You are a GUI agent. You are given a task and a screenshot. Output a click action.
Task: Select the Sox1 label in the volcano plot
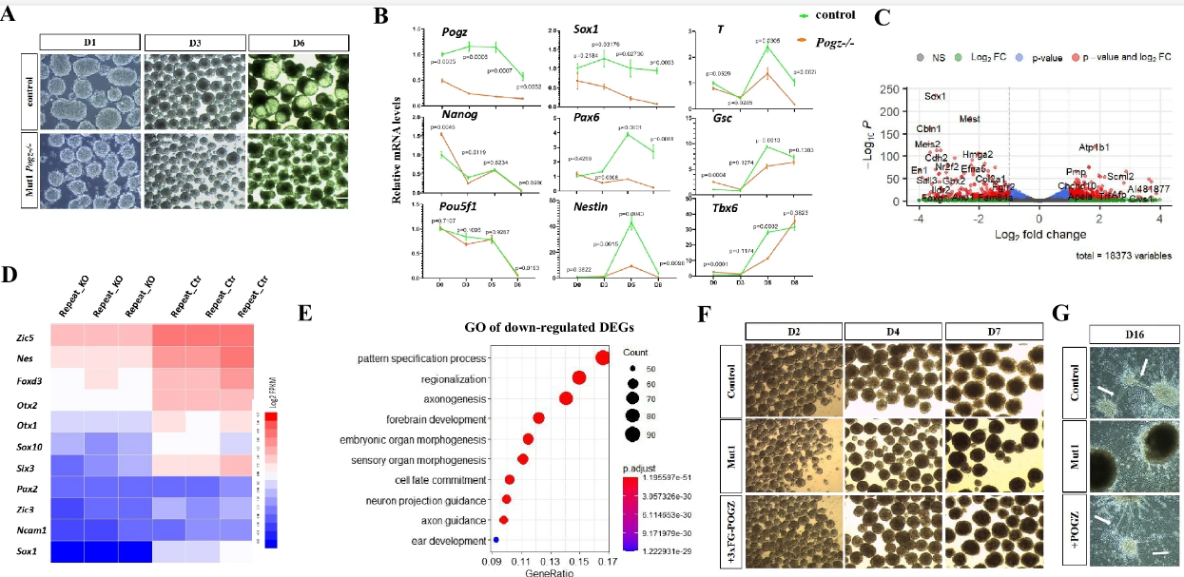click(936, 97)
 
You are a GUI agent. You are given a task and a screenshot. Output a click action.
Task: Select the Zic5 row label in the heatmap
click(26, 337)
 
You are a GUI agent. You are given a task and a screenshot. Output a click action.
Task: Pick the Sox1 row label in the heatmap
click(25, 550)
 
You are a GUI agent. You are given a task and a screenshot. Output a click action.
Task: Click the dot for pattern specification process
click(601, 357)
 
